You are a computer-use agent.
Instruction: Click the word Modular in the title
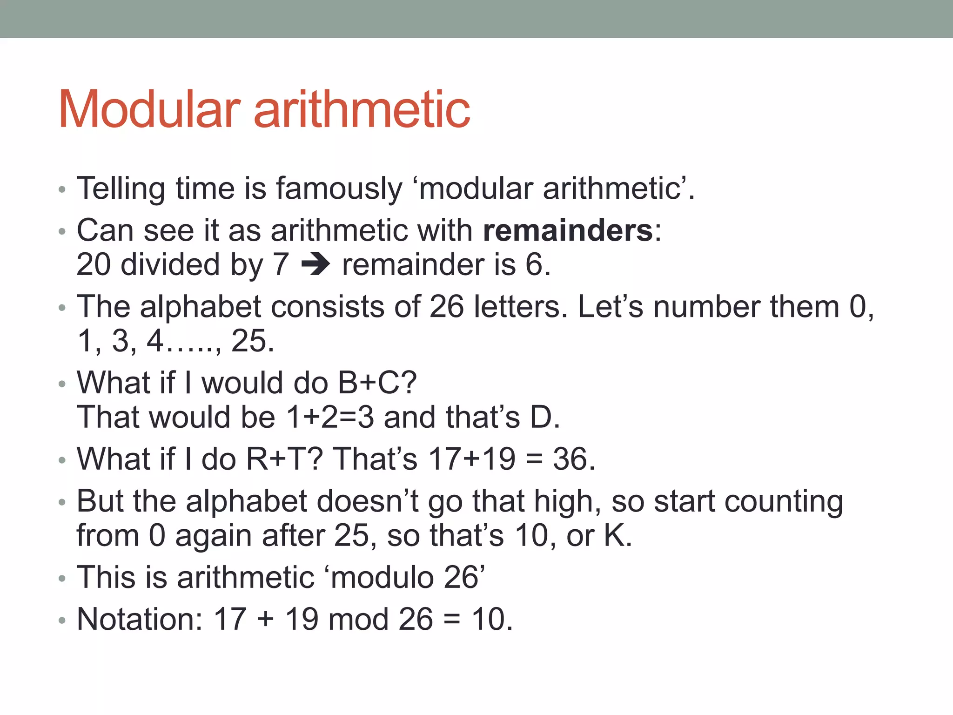(x=149, y=109)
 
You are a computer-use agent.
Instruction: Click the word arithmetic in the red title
(x=362, y=109)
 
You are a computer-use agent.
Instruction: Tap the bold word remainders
(x=568, y=230)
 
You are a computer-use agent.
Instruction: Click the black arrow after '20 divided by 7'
(x=315, y=265)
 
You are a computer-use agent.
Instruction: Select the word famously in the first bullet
(x=339, y=189)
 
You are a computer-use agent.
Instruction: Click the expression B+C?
(x=377, y=383)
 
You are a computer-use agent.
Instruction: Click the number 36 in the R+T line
(x=569, y=459)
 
